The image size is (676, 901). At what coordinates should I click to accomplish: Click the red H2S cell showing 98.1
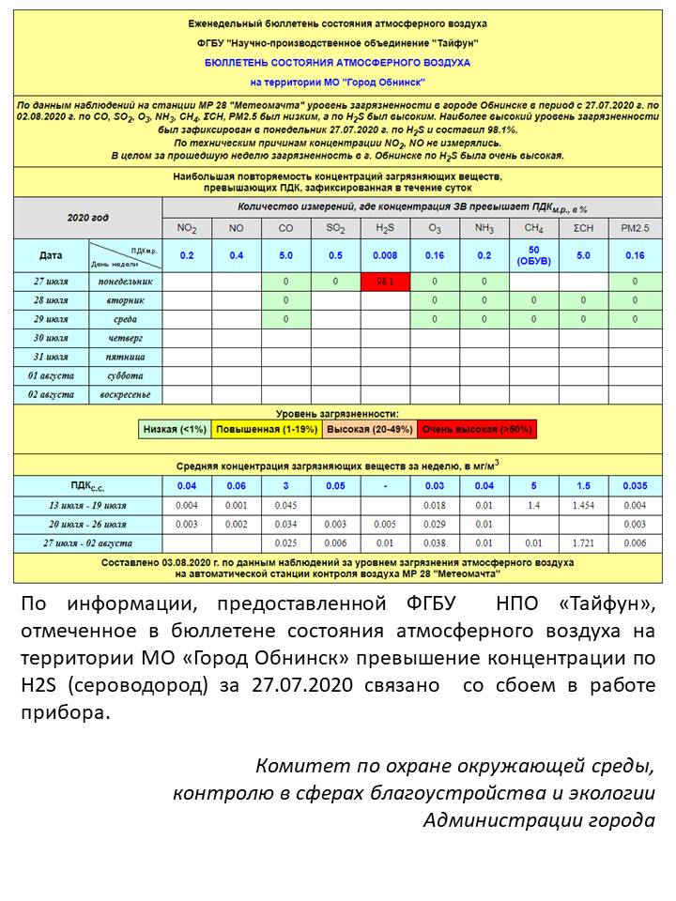click(385, 281)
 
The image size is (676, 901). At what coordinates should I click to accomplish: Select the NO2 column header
click(187, 228)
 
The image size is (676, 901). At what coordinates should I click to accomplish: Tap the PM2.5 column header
click(636, 228)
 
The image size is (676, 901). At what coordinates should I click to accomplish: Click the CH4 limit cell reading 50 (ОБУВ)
click(533, 255)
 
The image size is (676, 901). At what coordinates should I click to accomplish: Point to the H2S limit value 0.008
click(385, 255)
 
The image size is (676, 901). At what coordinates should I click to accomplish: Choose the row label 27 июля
click(51, 281)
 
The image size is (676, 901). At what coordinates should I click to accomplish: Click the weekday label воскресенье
click(125, 394)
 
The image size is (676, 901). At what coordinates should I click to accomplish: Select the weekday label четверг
click(125, 338)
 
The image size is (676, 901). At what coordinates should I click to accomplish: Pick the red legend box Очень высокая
click(477, 429)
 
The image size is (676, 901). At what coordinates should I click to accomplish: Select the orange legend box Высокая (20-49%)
click(369, 429)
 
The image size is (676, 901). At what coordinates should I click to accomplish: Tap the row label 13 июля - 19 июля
click(87, 505)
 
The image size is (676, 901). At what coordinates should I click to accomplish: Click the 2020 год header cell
click(87, 218)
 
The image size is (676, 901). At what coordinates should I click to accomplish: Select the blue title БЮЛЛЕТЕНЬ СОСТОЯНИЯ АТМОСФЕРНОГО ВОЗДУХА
click(337, 63)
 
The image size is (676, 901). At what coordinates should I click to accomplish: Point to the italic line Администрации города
click(539, 819)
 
